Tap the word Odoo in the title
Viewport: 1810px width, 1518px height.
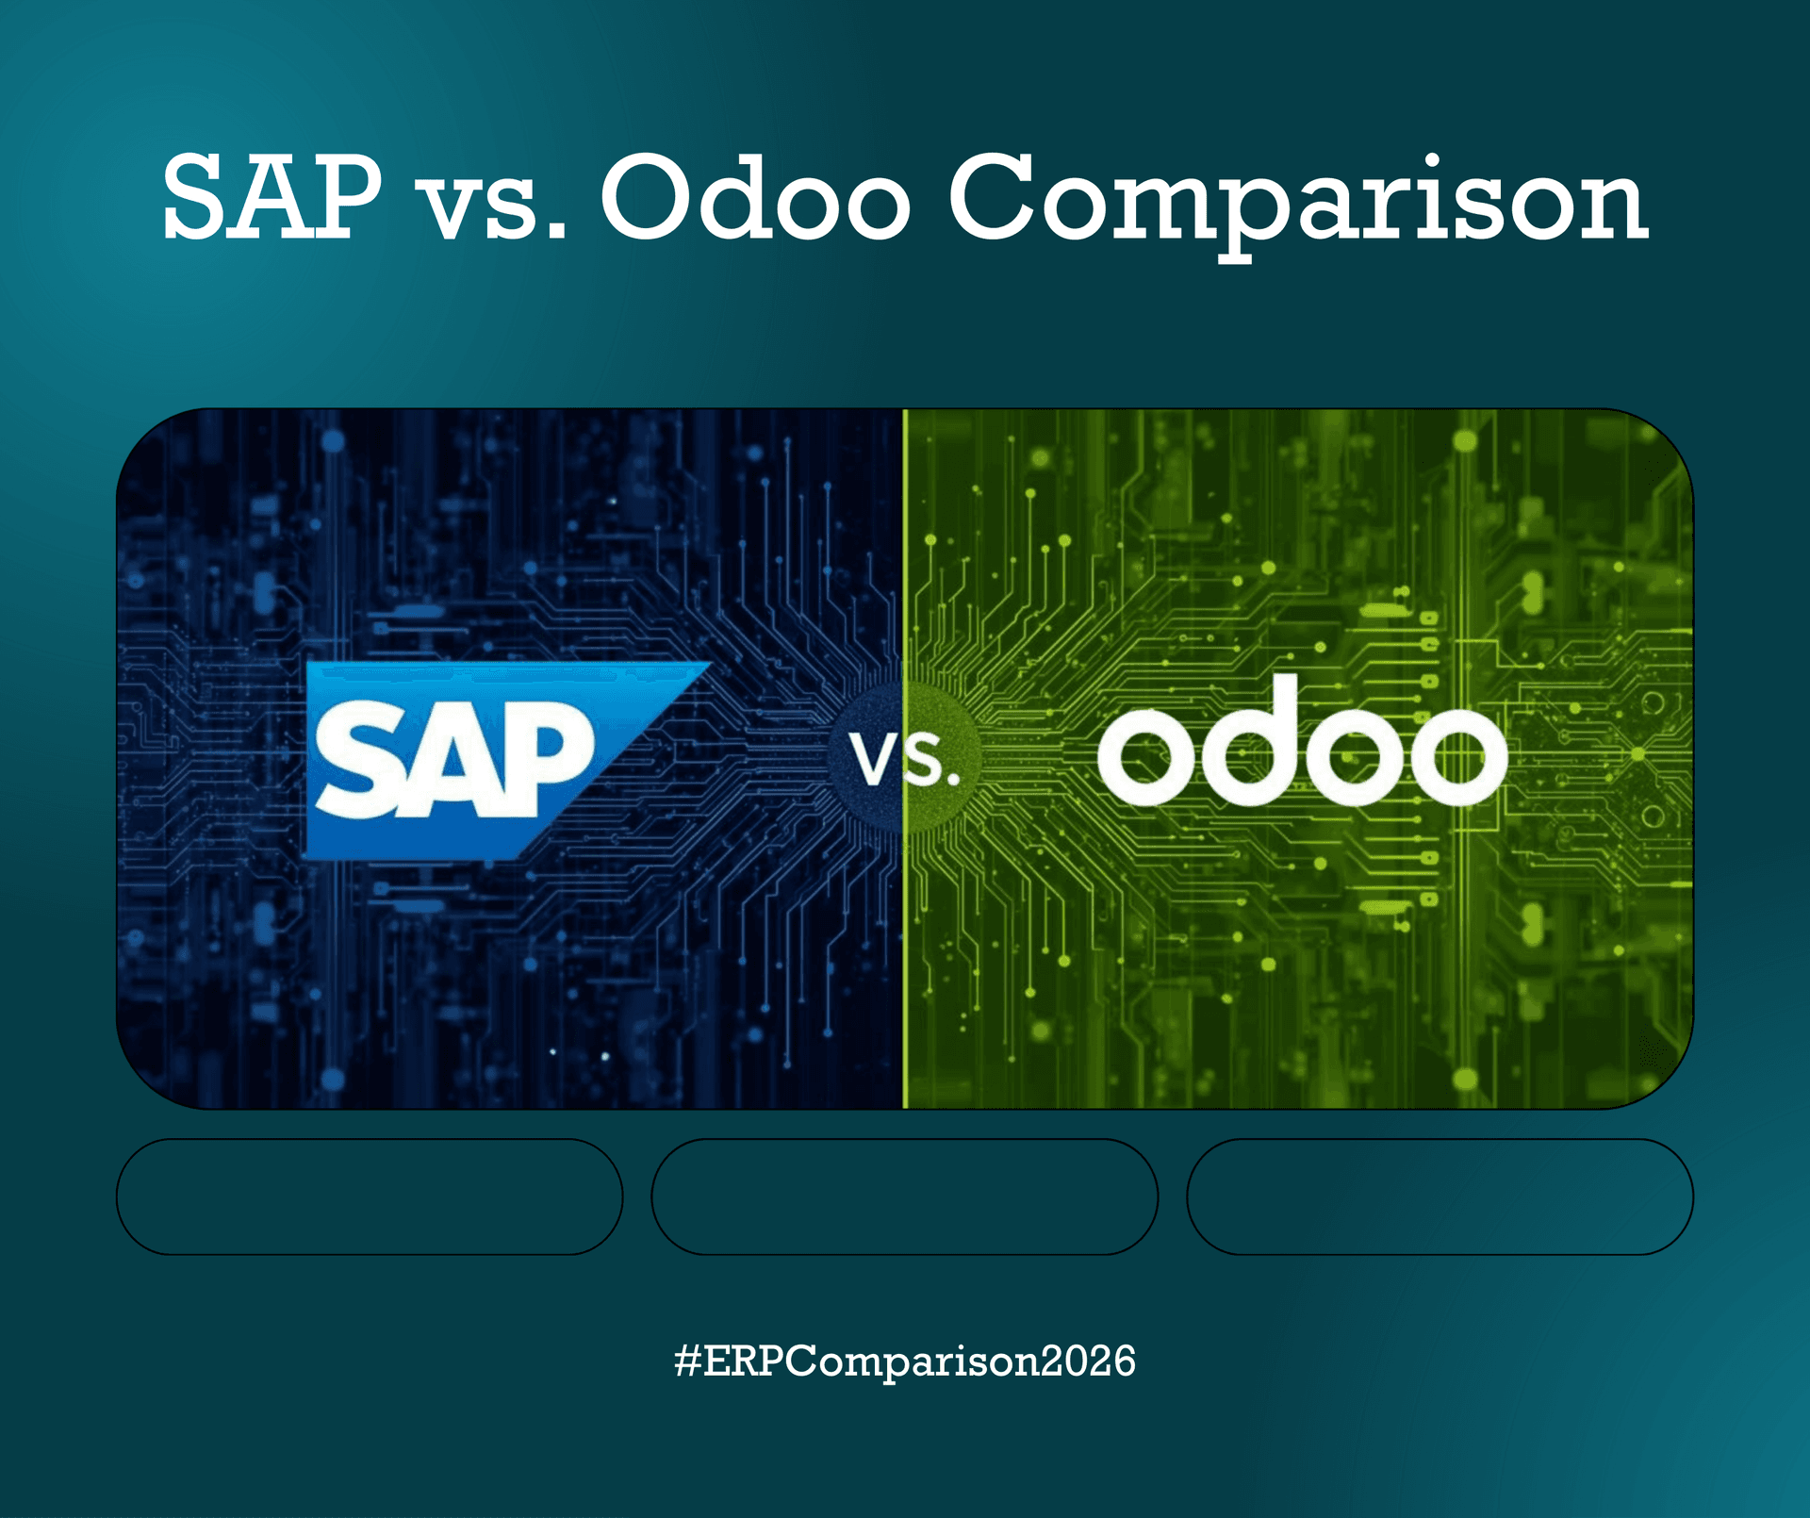pos(755,198)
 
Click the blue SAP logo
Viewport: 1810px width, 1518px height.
pos(471,759)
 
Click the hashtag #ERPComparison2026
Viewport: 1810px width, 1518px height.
pos(905,1361)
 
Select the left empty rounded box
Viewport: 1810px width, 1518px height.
pos(370,1196)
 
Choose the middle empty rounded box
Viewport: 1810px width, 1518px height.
pos(904,1196)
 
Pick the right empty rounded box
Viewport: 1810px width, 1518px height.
pos(1440,1196)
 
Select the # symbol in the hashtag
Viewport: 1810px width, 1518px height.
pos(688,1361)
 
